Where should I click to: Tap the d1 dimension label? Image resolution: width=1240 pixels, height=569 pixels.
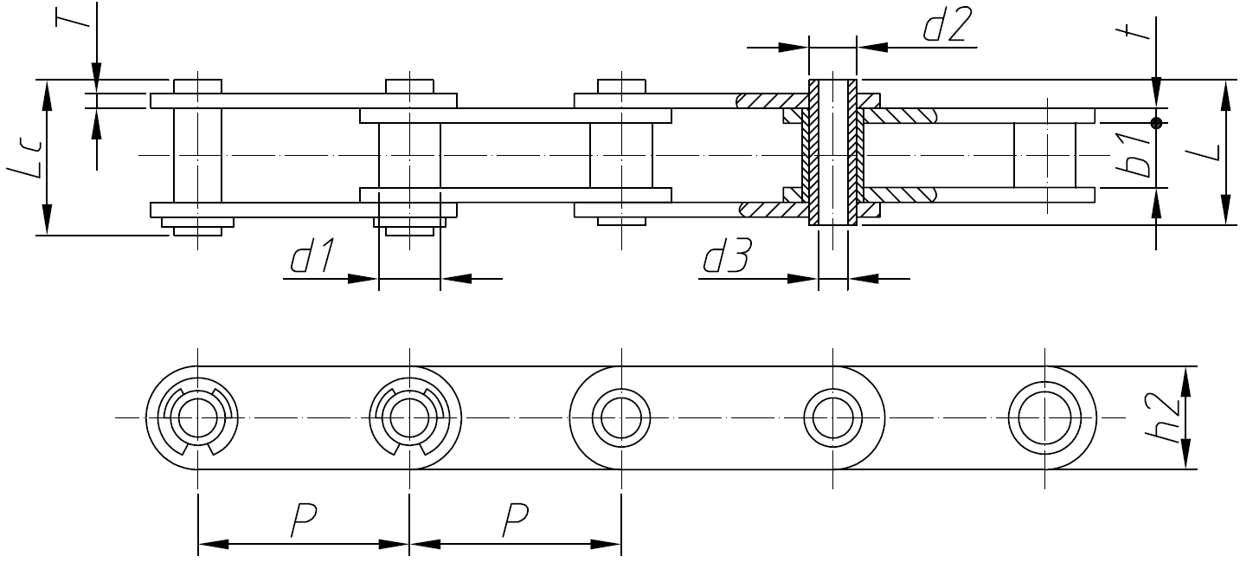click(313, 258)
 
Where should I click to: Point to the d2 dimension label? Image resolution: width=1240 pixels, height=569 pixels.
click(947, 26)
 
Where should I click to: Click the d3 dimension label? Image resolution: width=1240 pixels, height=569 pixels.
click(727, 258)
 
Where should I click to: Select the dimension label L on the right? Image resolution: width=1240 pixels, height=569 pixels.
click(1206, 152)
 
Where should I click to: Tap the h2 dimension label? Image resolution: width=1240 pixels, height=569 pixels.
click(1167, 419)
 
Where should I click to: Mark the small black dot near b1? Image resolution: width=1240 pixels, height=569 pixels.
click(1155, 121)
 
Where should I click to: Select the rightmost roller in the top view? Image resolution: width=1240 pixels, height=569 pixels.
click(1045, 154)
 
